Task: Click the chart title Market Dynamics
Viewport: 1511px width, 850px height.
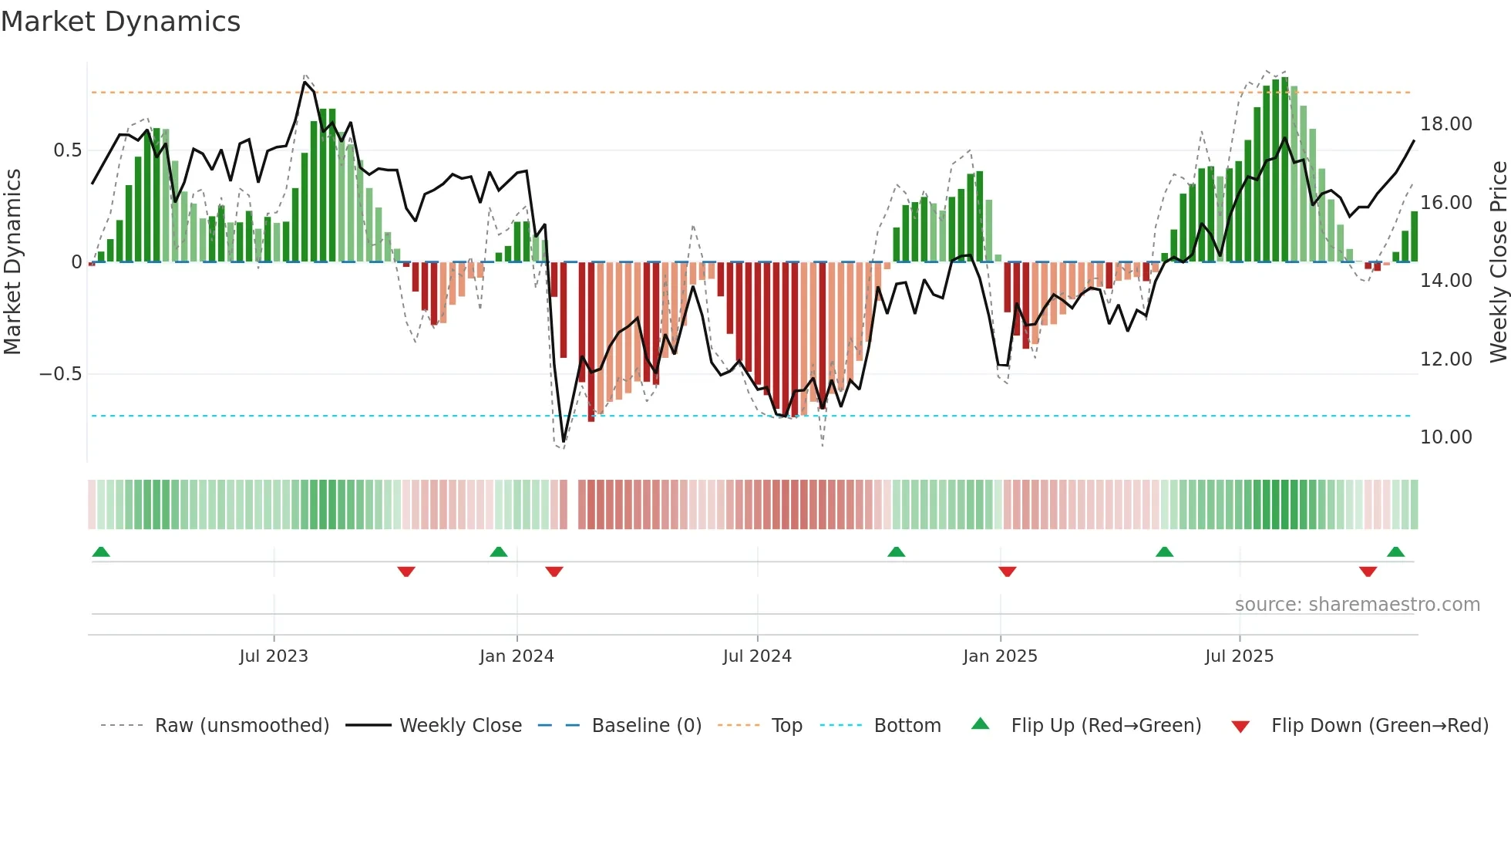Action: click(120, 22)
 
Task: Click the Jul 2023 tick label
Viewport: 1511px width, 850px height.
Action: click(274, 656)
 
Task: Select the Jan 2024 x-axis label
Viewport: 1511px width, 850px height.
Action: click(517, 656)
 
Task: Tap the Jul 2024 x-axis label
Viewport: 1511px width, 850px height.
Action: click(757, 656)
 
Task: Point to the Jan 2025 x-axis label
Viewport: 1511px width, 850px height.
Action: click(1000, 656)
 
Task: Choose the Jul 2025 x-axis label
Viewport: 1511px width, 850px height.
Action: click(1240, 656)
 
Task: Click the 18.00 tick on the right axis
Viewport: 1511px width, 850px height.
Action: click(1445, 124)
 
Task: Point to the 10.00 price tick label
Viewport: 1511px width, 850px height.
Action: click(1445, 437)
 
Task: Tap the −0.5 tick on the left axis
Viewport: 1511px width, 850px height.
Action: click(60, 374)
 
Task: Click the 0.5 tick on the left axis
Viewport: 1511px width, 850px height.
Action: click(67, 150)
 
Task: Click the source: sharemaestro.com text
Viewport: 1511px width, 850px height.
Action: click(1357, 605)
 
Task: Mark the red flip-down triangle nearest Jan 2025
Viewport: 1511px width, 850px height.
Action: click(1007, 572)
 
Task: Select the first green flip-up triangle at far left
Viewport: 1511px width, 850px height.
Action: click(101, 551)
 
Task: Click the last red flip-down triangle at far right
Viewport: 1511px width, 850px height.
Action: click(1368, 572)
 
